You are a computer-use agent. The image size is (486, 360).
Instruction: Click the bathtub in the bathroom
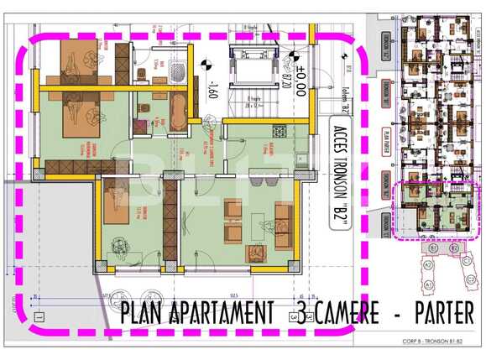click(x=179, y=108)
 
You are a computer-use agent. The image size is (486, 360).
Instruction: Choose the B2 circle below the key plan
click(x=453, y=248)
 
